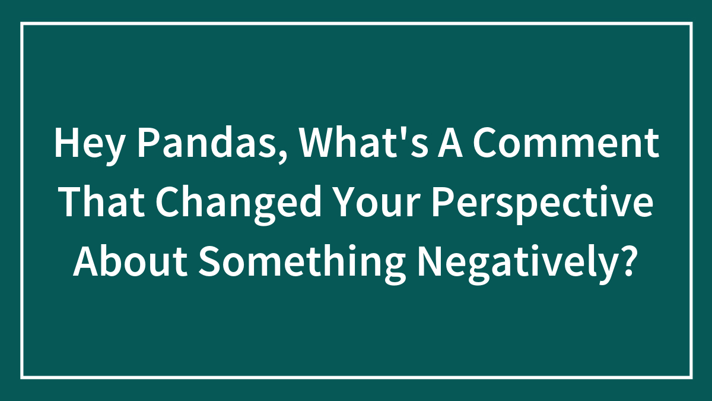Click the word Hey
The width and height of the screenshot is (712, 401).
87,145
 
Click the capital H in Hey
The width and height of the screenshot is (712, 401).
64,145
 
